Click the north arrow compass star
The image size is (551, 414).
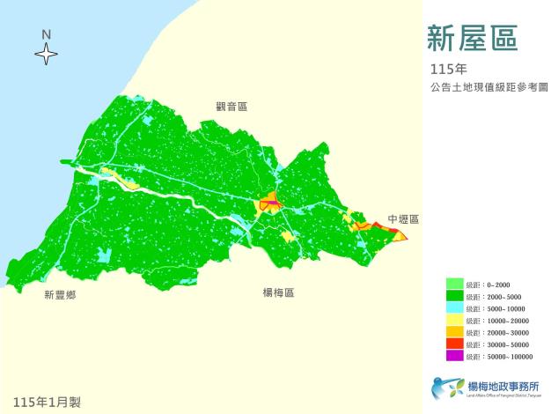click(x=46, y=55)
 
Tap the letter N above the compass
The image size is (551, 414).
click(x=46, y=34)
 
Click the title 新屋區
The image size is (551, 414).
click(x=472, y=37)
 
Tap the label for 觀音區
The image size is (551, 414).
click(x=231, y=107)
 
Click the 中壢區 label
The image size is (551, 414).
click(x=403, y=219)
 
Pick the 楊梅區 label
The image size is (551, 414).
click(x=277, y=292)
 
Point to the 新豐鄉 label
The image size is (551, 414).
click(x=60, y=295)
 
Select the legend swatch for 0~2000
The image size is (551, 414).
click(x=455, y=284)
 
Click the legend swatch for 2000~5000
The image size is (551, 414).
click(x=455, y=296)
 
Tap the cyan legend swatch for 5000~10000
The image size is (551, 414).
click(x=455, y=308)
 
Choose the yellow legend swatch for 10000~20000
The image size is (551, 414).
click(x=455, y=321)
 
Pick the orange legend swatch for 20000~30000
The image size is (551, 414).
click(x=455, y=332)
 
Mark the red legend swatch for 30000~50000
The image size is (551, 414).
click(x=455, y=344)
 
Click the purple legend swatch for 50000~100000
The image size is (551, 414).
click(x=455, y=357)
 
